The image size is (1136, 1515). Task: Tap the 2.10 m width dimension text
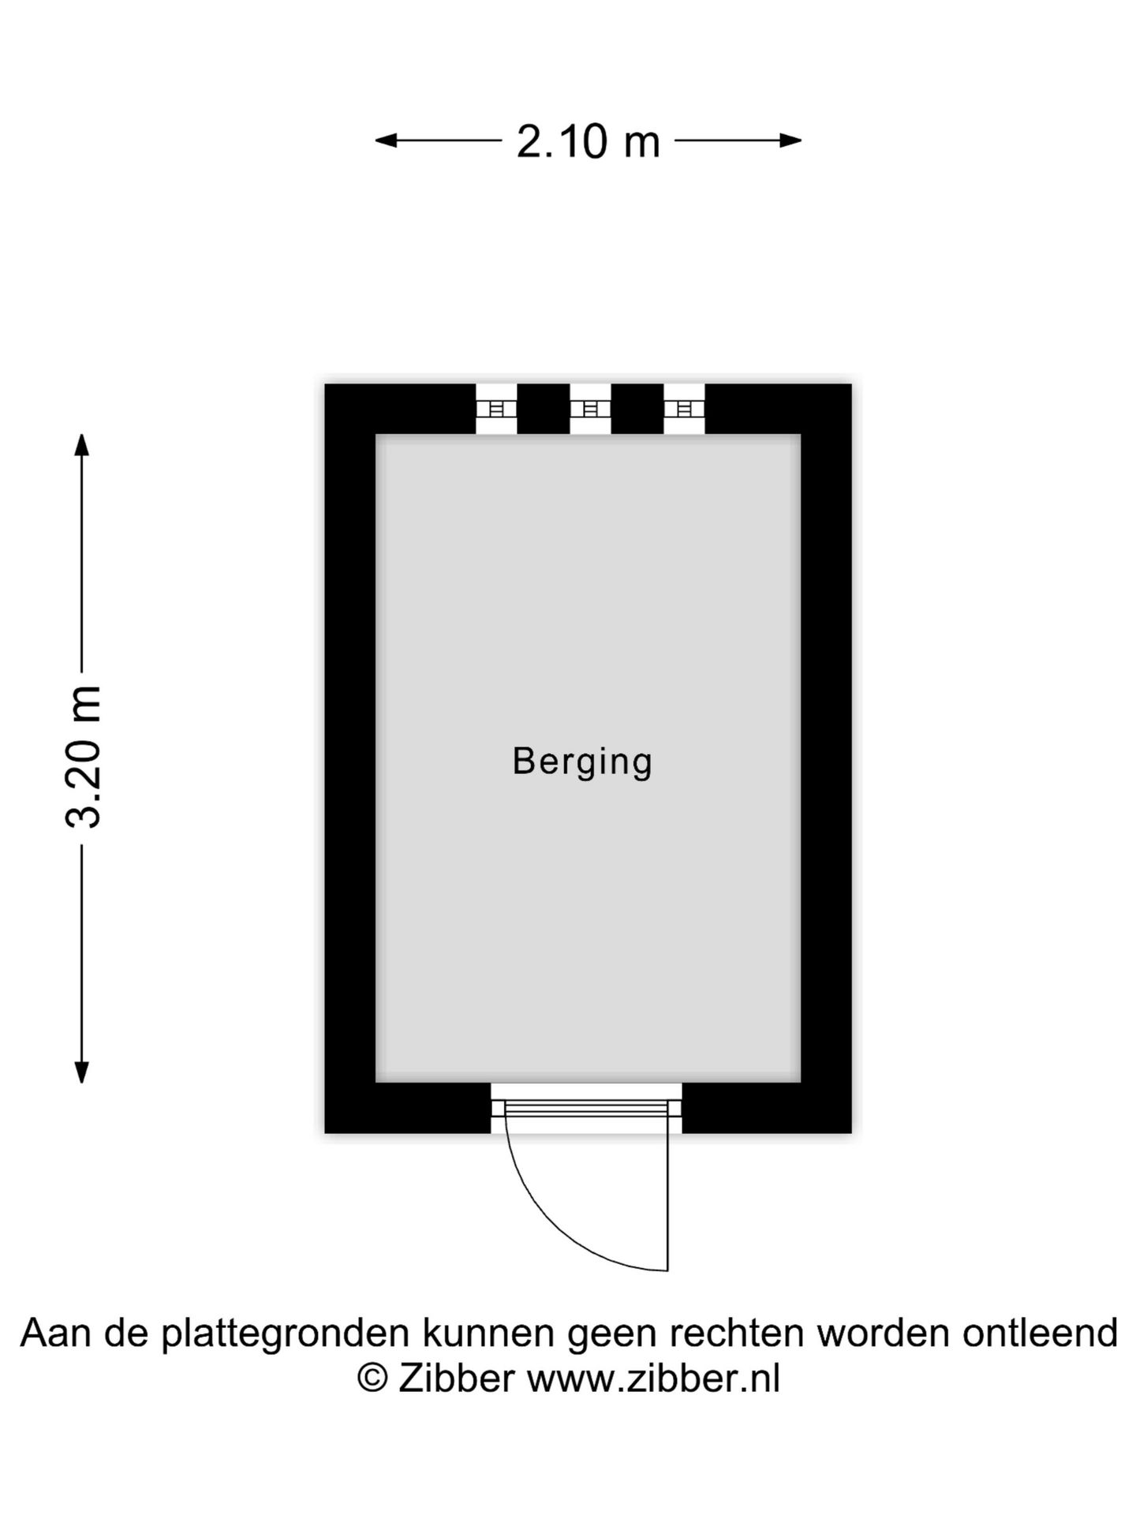tap(589, 142)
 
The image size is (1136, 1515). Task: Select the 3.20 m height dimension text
tap(84, 757)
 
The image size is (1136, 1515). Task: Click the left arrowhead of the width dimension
tap(385, 141)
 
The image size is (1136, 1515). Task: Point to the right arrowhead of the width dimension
tap(791, 141)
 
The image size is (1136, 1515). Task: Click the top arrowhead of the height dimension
tap(81, 444)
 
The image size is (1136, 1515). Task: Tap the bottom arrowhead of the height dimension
tap(81, 1072)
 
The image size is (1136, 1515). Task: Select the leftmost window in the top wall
tap(496, 409)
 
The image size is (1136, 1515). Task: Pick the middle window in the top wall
tap(590, 409)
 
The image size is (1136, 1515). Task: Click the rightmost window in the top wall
tap(684, 409)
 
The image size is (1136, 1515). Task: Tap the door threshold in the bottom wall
tap(586, 1108)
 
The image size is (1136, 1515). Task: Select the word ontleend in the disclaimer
tap(1040, 1334)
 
